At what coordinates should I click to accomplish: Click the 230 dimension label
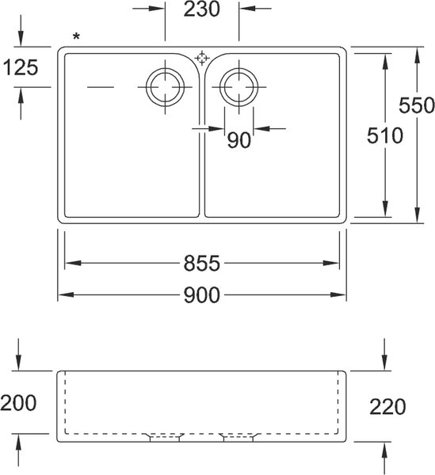click(201, 9)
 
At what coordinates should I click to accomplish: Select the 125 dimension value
click(21, 67)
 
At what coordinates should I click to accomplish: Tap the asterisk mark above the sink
click(76, 36)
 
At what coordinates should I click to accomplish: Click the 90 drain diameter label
click(239, 140)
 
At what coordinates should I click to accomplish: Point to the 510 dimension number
click(385, 135)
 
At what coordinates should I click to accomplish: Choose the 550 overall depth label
click(417, 105)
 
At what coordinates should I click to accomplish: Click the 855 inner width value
click(202, 264)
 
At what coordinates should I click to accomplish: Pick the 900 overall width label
click(202, 295)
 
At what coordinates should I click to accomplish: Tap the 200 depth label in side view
click(18, 403)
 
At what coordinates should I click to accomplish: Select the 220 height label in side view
click(387, 407)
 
